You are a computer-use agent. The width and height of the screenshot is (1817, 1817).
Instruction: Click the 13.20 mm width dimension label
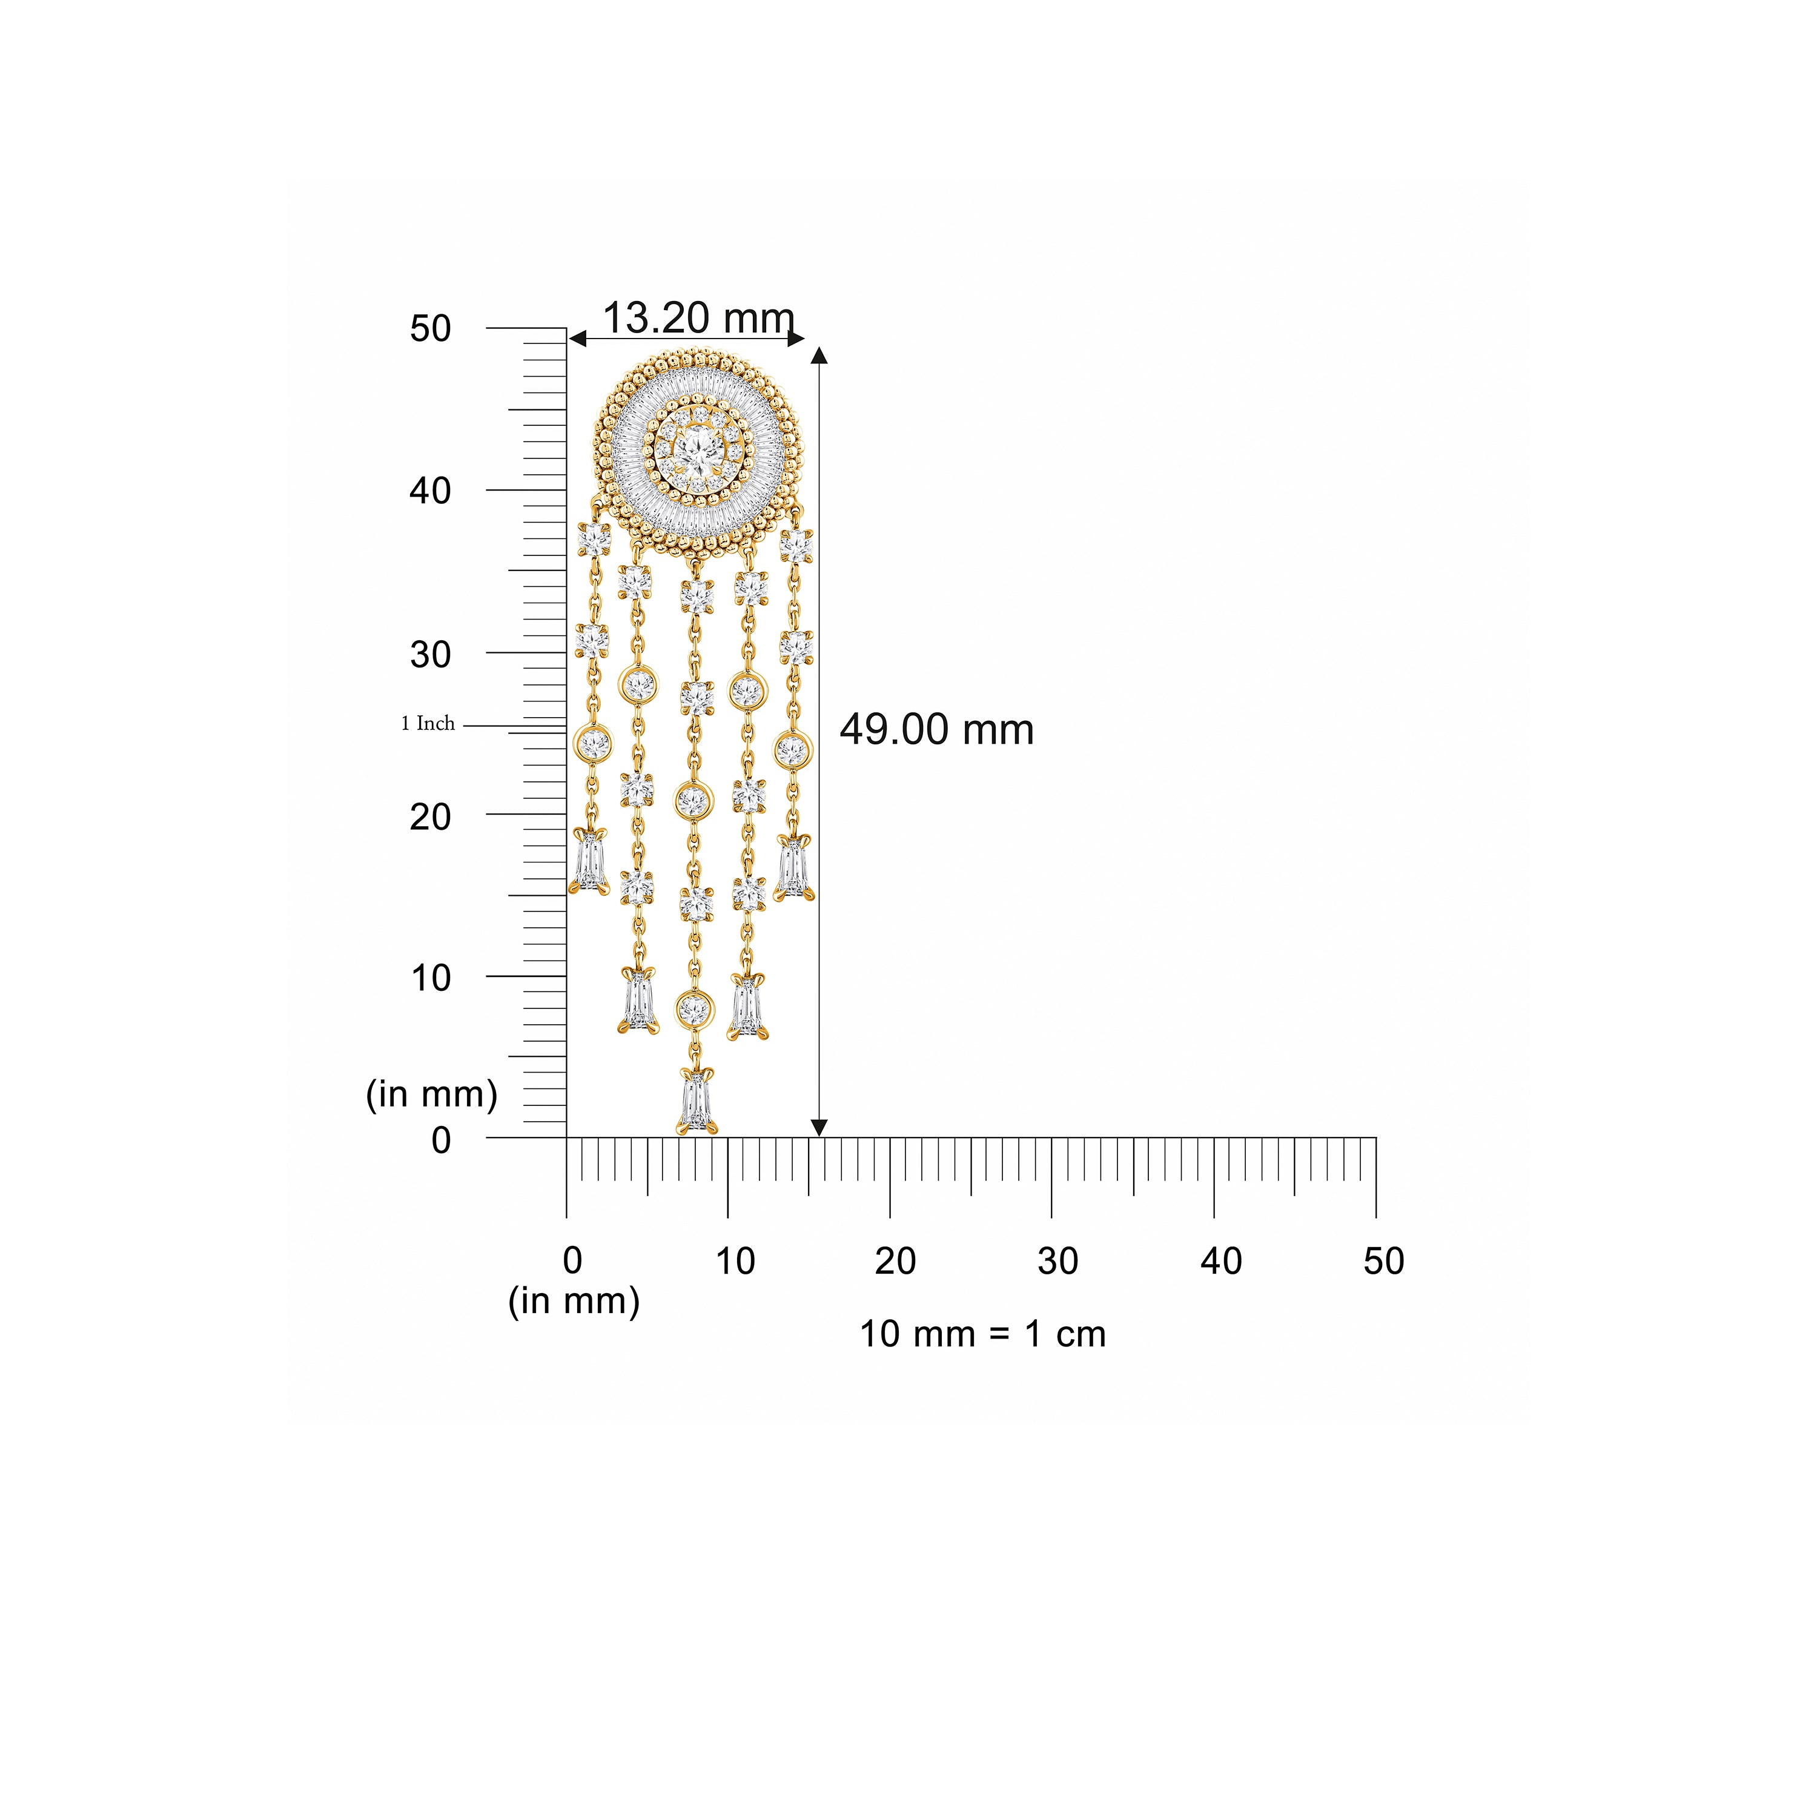[x=698, y=318]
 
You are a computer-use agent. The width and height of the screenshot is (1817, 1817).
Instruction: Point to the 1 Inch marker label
[x=428, y=723]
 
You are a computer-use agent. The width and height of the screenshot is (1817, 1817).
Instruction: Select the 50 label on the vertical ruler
[x=431, y=328]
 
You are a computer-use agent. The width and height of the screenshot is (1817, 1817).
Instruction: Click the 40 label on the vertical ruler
[x=431, y=491]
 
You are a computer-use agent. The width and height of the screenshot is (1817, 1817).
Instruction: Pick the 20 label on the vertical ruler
[x=431, y=817]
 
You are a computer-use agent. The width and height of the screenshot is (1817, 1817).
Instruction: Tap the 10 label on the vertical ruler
[x=431, y=978]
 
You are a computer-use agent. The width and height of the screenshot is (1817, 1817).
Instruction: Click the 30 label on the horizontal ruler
[x=1058, y=1261]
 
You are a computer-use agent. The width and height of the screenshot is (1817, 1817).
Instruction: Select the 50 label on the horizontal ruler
[x=1383, y=1261]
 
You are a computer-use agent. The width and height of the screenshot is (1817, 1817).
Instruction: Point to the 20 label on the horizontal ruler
[x=895, y=1261]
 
